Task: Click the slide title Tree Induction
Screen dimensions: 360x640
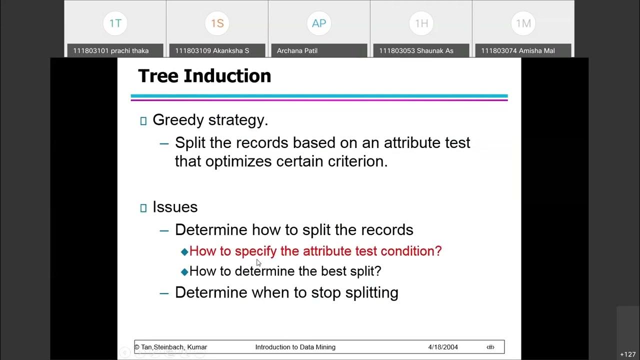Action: point(204,76)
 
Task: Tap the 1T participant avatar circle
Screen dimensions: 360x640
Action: point(115,23)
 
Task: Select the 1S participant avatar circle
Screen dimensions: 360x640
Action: point(217,23)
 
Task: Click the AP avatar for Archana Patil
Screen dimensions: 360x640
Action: point(319,23)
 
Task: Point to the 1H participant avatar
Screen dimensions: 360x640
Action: point(421,23)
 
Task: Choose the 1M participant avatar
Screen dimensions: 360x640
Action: point(523,23)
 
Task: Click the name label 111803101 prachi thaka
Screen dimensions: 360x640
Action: point(110,50)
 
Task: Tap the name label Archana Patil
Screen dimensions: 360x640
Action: point(297,50)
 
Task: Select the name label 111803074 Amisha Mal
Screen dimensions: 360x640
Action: point(518,50)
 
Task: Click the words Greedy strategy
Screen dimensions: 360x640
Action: point(210,120)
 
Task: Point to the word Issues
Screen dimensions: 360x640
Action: point(175,207)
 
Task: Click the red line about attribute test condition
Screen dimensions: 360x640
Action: point(315,251)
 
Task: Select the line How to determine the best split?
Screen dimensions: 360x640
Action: point(285,271)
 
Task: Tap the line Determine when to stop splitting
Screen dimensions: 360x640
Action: point(286,292)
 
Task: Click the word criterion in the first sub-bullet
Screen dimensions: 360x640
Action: point(357,161)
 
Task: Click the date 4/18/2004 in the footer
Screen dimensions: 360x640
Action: point(443,347)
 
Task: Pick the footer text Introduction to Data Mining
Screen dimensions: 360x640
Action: point(295,347)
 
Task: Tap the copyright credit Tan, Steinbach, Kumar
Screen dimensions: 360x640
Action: point(171,347)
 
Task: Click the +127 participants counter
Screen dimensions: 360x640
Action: point(627,354)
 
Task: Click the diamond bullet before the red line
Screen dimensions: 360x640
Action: point(184,252)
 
